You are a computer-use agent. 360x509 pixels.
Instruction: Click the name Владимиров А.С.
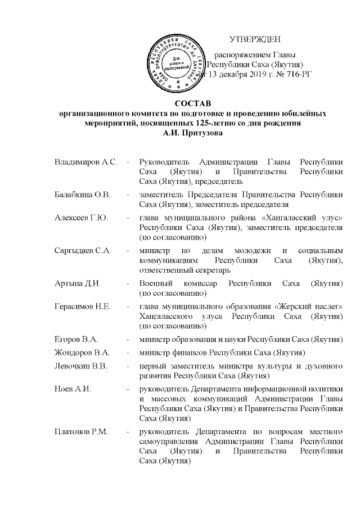[x=85, y=163]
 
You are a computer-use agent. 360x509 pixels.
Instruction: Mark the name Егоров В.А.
[x=76, y=339]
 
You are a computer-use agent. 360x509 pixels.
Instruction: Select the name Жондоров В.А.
[x=82, y=352]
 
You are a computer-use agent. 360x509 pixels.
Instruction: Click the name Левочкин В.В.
[x=82, y=366]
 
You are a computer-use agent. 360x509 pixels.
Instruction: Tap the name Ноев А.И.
[x=72, y=389]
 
